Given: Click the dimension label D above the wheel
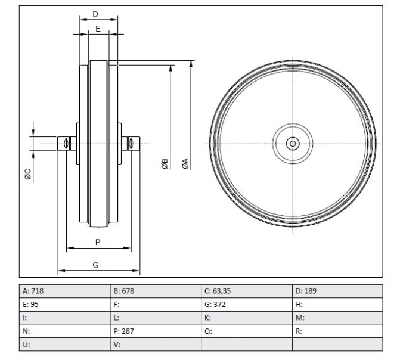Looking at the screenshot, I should coord(95,13).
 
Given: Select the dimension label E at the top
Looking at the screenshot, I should coord(98,28).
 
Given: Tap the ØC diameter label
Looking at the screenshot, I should coord(27,174).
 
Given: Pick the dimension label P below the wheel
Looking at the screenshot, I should coord(98,241).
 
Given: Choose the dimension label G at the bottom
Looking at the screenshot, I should coord(96,265).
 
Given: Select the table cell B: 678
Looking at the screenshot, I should coord(155,291).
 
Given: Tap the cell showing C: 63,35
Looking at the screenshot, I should coord(246,291).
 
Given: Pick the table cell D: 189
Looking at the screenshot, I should coord(337,291).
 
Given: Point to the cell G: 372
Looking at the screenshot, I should coord(246,305).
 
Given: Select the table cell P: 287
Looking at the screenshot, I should coord(155,331).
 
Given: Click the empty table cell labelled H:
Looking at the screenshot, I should coord(337,305).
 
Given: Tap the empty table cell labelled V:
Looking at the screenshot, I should coord(155,345).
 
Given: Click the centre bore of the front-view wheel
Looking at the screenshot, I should coord(293,144).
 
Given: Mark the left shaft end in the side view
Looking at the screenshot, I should coord(63,143).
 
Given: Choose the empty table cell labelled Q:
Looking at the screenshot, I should coord(246,331).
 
